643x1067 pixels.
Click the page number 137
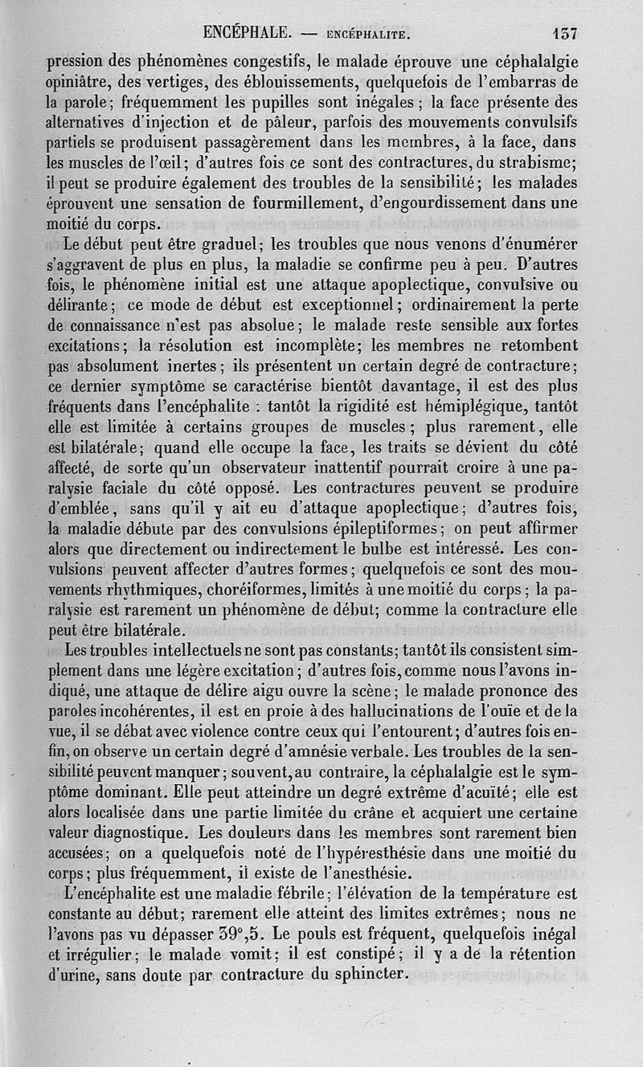pyautogui.click(x=565, y=34)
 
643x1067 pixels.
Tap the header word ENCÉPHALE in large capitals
pyautogui.click(x=247, y=34)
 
